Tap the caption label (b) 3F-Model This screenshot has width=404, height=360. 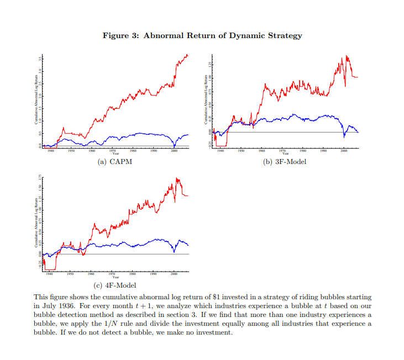tap(285, 162)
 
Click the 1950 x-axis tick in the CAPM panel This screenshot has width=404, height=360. tap(71, 150)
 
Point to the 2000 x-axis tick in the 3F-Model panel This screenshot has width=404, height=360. tap(344, 150)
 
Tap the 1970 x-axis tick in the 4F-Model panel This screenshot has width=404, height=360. tap(112, 273)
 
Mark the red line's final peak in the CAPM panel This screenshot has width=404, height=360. tap(187, 55)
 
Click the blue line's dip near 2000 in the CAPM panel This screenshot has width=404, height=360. tap(174, 145)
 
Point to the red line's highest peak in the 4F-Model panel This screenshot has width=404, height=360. tap(177, 178)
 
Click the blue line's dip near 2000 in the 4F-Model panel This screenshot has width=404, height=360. tap(174, 252)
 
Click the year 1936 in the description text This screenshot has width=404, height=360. tap(72, 305)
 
